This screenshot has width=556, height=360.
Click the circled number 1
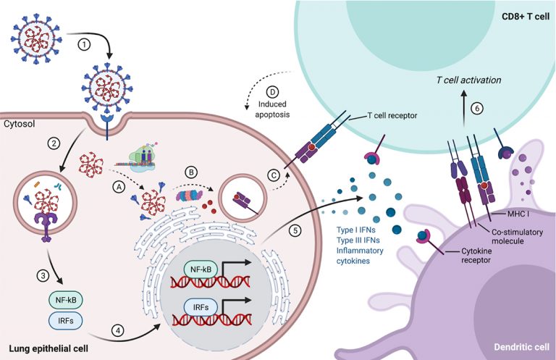[84, 45]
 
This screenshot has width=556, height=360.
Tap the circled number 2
[54, 143]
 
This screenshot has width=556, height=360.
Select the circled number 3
[43, 275]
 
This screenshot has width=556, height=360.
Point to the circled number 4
[118, 330]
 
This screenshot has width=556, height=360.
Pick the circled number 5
[295, 230]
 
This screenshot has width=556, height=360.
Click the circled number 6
[477, 108]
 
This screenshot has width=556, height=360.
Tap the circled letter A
[119, 187]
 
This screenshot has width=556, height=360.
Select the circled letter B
[191, 172]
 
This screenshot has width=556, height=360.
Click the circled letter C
[274, 175]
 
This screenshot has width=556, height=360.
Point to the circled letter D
[272, 92]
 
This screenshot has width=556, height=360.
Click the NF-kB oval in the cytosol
[66, 300]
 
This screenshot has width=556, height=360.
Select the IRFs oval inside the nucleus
[201, 307]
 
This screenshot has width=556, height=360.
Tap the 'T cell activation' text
[468, 80]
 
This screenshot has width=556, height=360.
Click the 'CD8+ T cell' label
[526, 17]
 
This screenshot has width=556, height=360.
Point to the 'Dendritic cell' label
[521, 347]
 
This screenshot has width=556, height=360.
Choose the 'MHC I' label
[518, 214]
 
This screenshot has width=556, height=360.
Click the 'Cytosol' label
[20, 124]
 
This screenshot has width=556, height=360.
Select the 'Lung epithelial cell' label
[49, 348]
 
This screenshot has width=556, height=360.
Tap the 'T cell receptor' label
[392, 115]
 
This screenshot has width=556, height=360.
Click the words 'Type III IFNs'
[358, 240]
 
